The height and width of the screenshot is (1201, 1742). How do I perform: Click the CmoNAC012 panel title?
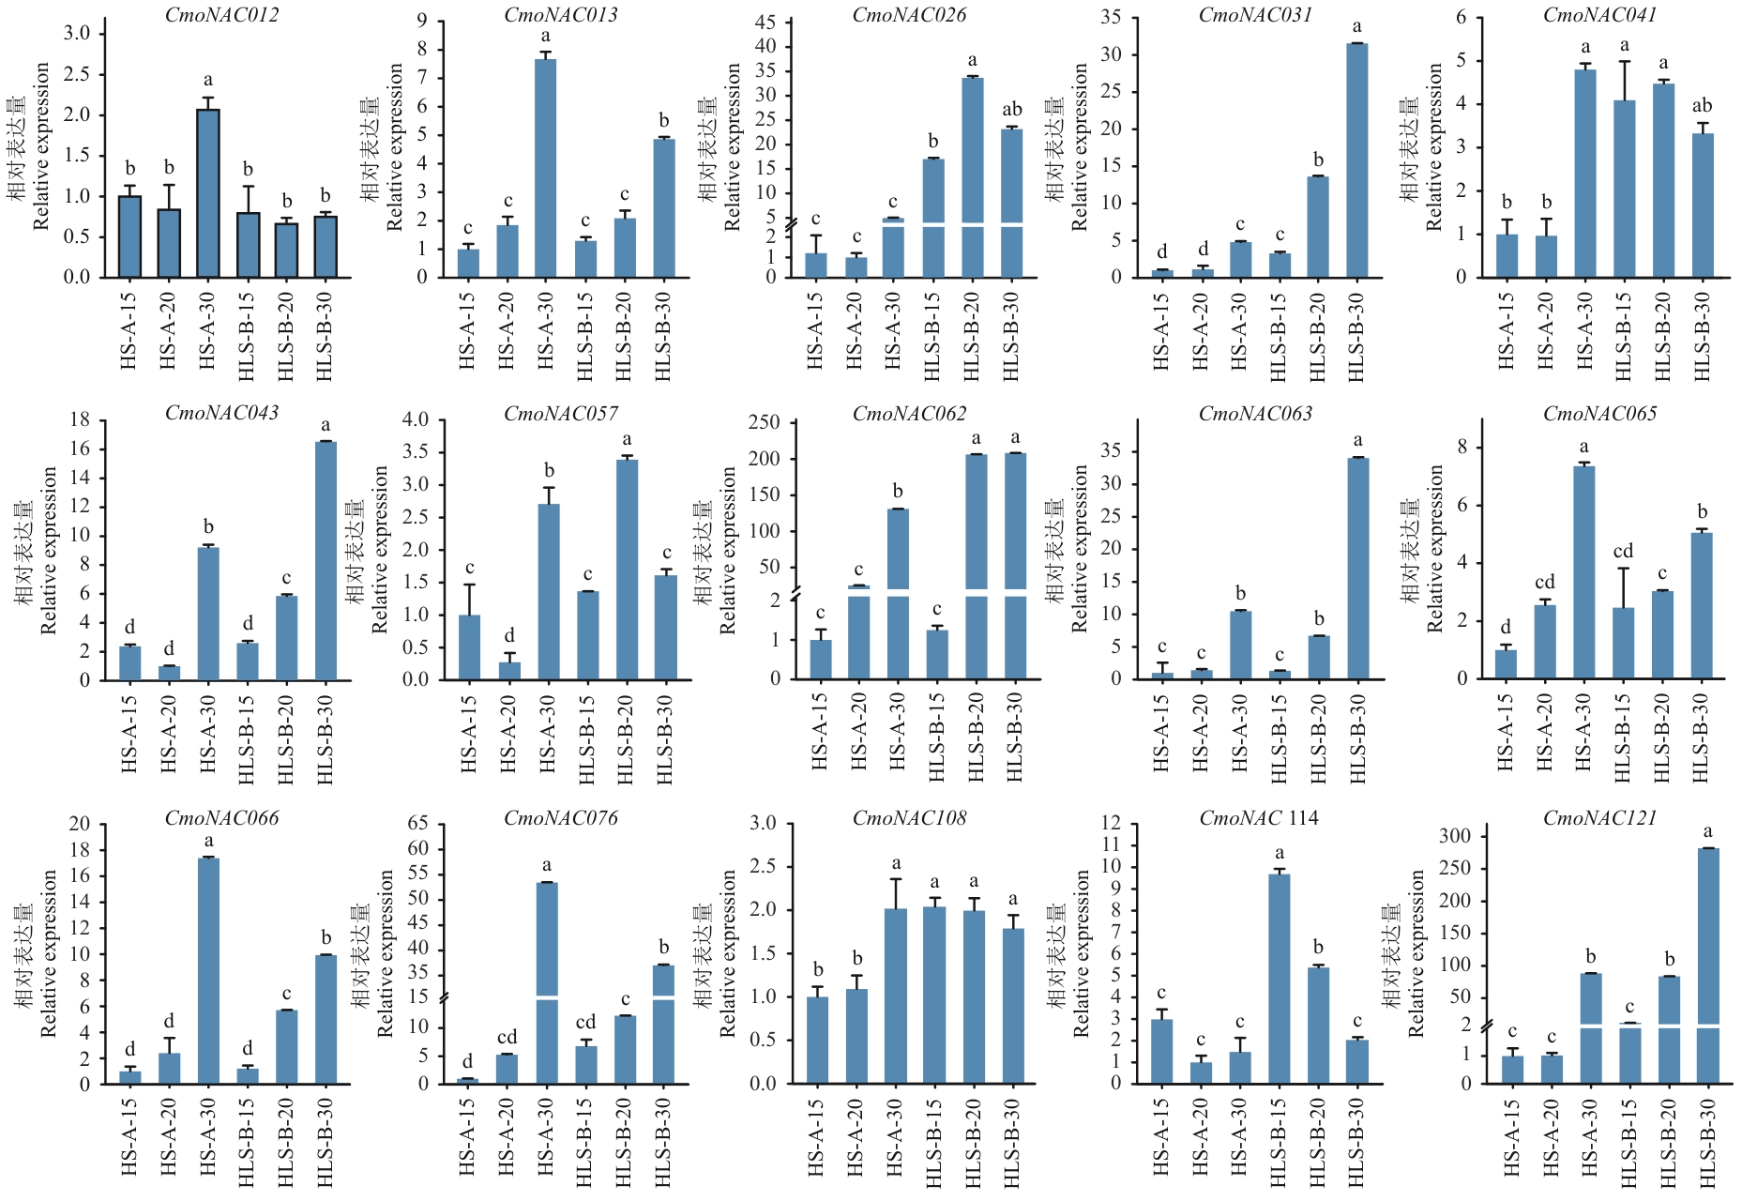coord(221,15)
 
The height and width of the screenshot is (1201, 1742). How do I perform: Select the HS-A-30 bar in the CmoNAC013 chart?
coord(545,169)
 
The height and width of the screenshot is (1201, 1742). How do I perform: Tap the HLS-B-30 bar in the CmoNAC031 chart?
coord(1356,160)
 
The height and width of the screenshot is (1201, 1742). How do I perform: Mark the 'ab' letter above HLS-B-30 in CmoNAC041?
coord(1702,106)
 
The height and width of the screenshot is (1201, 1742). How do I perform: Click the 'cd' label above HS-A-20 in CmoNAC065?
coord(1545,583)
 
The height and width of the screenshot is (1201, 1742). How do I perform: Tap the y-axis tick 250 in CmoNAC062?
coord(765,422)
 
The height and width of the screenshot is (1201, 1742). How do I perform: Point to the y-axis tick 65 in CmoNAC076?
coord(417,824)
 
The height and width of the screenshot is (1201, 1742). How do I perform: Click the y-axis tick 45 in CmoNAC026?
coord(765,23)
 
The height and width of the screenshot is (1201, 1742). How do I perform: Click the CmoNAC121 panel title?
coord(1599,818)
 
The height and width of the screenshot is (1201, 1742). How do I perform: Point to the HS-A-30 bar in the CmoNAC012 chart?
coord(208,193)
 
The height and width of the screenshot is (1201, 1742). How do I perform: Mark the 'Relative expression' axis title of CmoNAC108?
coord(729,952)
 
